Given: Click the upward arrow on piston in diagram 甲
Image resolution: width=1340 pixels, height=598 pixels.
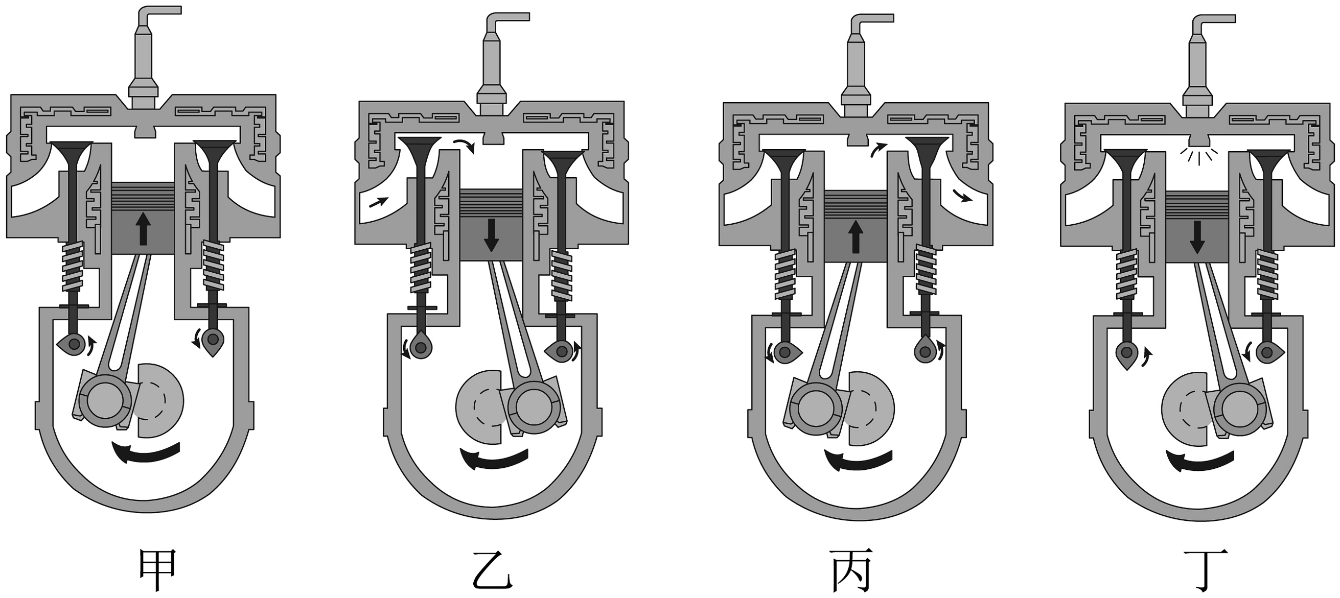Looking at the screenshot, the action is coord(143,229).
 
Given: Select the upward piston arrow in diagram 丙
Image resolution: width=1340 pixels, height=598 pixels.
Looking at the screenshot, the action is coord(856,236).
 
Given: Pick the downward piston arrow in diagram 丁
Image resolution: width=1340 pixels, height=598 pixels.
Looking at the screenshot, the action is coord(1197,237).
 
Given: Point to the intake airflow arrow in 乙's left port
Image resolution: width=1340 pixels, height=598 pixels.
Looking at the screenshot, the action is coord(379,202).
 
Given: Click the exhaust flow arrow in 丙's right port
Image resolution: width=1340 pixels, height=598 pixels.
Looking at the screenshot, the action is coord(962,196).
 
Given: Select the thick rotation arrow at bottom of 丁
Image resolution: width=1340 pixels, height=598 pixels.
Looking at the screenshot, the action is coord(1199,460).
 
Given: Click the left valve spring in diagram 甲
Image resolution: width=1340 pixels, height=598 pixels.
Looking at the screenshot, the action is coord(73,267).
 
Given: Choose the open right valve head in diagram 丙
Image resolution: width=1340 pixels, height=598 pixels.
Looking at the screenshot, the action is coord(926,146).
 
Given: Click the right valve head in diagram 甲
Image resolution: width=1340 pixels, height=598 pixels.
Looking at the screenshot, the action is coord(213,149).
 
